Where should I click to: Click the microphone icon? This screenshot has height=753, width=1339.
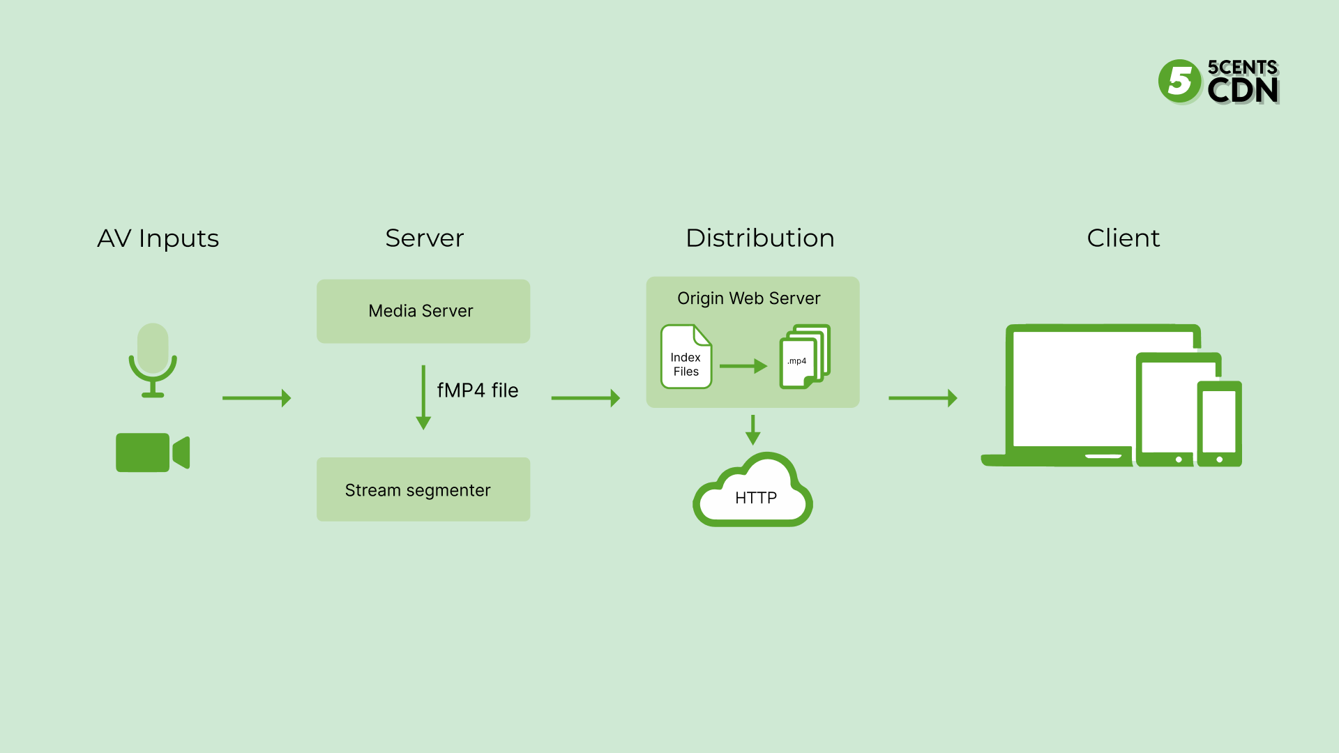153,360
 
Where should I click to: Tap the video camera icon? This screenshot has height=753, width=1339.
152,452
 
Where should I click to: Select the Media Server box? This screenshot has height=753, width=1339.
423,311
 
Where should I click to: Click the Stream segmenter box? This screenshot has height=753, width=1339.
423,489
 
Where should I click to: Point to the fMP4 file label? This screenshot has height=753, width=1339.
477,390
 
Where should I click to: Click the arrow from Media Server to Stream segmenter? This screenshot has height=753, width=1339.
423,397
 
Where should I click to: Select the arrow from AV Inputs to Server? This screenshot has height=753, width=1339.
257,398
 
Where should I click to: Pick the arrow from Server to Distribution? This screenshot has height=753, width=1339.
585,398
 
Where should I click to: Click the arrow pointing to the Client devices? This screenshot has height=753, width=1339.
923,398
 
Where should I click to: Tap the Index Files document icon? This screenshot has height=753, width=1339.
686,357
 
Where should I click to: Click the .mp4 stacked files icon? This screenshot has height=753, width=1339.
804,356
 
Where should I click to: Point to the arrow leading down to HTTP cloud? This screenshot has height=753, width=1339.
752,429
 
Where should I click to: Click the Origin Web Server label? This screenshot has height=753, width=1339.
748,298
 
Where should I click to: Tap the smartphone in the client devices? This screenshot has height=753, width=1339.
1219,423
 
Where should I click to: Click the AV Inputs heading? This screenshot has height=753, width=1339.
158,238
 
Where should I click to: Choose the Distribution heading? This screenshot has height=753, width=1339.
759,238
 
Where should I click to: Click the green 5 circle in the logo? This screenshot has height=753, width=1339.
1179,82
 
